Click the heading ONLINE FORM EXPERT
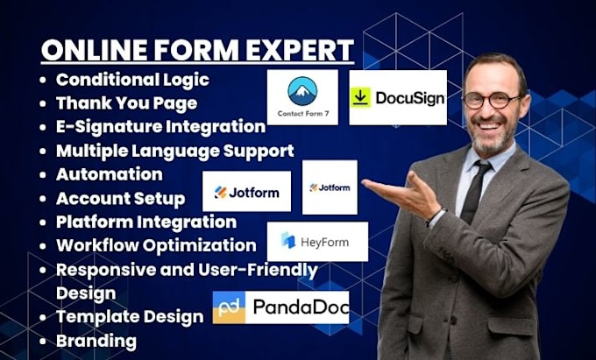click(x=197, y=48)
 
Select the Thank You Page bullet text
click(x=126, y=102)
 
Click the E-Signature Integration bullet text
click(x=160, y=127)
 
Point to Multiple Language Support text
click(x=174, y=151)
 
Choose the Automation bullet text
click(x=109, y=174)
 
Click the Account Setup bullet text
click(x=120, y=198)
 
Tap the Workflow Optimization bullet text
click(x=156, y=245)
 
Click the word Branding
click(x=96, y=340)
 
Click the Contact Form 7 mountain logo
click(x=302, y=91)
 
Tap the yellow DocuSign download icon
click(x=360, y=97)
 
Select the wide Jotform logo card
click(x=246, y=191)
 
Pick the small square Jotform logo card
click(x=330, y=187)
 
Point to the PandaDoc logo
click(x=280, y=307)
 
